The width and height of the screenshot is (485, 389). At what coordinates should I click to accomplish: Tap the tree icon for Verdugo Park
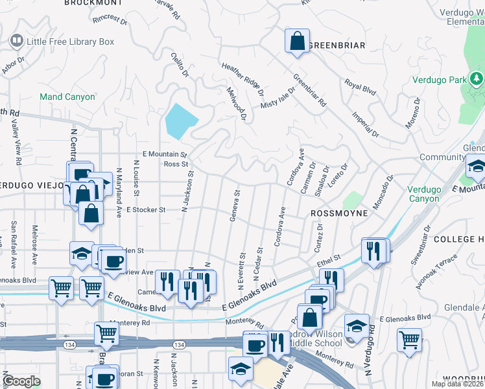pos(477,79)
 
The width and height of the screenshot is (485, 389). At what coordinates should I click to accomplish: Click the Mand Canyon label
pos(67,97)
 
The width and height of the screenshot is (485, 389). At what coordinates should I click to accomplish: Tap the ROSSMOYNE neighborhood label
pos(339,213)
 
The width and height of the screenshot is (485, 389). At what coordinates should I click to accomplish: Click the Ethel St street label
pos(329,260)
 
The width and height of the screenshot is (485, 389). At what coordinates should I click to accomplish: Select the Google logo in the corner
pos(21,381)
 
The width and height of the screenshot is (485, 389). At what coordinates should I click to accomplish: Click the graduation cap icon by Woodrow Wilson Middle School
pos(356,325)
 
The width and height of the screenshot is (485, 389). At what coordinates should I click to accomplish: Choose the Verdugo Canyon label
pos(423,194)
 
